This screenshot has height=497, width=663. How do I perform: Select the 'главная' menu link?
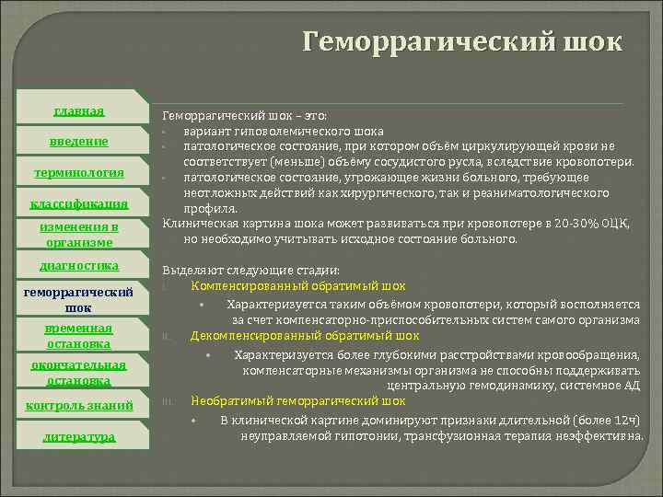78,111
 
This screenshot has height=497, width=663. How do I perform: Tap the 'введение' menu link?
78,141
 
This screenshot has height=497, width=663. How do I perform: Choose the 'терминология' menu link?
78,172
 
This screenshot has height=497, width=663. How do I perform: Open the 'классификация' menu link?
78,202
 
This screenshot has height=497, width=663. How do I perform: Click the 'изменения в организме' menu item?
78,235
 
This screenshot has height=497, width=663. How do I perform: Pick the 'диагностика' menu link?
78,265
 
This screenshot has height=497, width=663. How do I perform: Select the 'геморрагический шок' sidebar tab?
78,299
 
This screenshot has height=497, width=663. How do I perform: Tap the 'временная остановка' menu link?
78,336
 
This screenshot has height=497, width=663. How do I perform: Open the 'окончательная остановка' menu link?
78,372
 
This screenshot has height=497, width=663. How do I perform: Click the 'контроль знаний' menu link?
78,405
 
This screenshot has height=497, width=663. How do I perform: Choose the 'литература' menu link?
78,436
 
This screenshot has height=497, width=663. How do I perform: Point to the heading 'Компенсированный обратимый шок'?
297,286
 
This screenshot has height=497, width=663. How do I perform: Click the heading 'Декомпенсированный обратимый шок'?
304,336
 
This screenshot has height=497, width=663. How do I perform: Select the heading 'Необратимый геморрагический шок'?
297,401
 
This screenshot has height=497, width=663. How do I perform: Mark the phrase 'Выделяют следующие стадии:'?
250,271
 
